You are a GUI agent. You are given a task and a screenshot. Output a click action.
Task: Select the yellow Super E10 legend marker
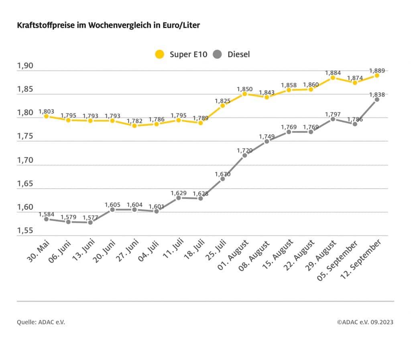160,54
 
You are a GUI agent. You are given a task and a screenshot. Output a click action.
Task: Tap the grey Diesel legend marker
218,54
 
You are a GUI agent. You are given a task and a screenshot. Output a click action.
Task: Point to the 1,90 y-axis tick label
24,66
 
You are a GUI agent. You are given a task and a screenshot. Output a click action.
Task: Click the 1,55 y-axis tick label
24,231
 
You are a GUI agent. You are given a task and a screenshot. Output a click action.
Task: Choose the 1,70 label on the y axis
24,160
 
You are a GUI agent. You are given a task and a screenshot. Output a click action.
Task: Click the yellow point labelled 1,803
46,116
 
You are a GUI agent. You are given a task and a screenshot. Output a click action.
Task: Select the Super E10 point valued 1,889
377,75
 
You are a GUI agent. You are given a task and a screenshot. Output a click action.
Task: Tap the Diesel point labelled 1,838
377,99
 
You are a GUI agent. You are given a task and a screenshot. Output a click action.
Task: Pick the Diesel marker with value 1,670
222,179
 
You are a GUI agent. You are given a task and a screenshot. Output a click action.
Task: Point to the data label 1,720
244,150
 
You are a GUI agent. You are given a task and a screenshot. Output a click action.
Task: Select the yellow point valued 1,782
134,125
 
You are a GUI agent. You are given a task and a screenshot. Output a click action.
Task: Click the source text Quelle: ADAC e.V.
41,322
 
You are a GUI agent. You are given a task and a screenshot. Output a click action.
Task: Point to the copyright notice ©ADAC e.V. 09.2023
365,322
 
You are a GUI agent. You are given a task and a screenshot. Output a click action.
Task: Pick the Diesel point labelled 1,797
333,119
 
